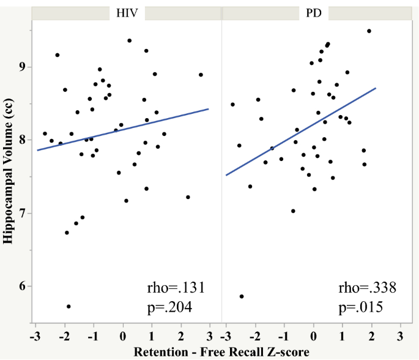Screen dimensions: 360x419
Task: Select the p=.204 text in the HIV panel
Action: click(x=171, y=307)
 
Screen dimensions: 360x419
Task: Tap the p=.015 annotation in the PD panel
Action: click(x=362, y=307)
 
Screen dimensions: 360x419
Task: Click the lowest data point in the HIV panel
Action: click(x=69, y=306)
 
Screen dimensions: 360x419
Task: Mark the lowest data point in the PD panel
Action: click(x=242, y=296)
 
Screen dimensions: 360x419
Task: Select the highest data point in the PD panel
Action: click(x=369, y=31)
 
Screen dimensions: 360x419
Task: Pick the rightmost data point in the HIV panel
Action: click(x=201, y=75)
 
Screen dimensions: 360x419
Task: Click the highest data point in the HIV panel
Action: click(x=129, y=40)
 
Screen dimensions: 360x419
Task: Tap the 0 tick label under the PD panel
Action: click(x=313, y=336)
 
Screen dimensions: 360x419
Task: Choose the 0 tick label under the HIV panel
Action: click(x=123, y=336)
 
